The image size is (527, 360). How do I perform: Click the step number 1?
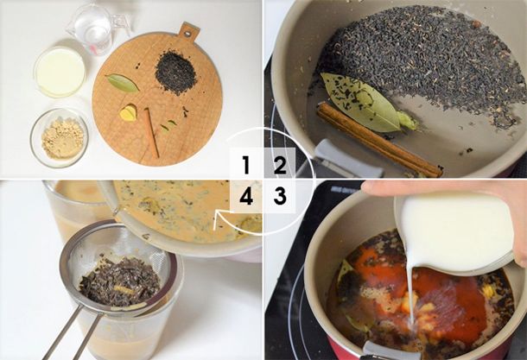click(x=246, y=165)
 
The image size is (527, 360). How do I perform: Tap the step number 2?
click(x=280, y=165)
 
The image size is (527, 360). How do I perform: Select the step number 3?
click(x=280, y=196)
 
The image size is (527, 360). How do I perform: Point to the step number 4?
click(x=246, y=196)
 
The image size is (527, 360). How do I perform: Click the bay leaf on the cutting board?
click(x=123, y=83)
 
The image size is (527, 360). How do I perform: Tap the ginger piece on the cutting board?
click(x=129, y=113)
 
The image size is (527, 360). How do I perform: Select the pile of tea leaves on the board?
click(x=175, y=73)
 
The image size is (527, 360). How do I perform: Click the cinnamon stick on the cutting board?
click(x=151, y=132)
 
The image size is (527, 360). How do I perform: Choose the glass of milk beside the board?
click(x=60, y=71)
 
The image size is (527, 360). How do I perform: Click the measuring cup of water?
click(x=94, y=28)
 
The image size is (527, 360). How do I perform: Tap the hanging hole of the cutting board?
click(x=189, y=33)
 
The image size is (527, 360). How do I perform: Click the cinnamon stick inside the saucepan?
click(x=379, y=140)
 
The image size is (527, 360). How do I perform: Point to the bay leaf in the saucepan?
click(x=363, y=103)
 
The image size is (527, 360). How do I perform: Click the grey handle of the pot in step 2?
click(x=349, y=159)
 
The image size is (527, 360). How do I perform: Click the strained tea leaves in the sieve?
click(x=120, y=281)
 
